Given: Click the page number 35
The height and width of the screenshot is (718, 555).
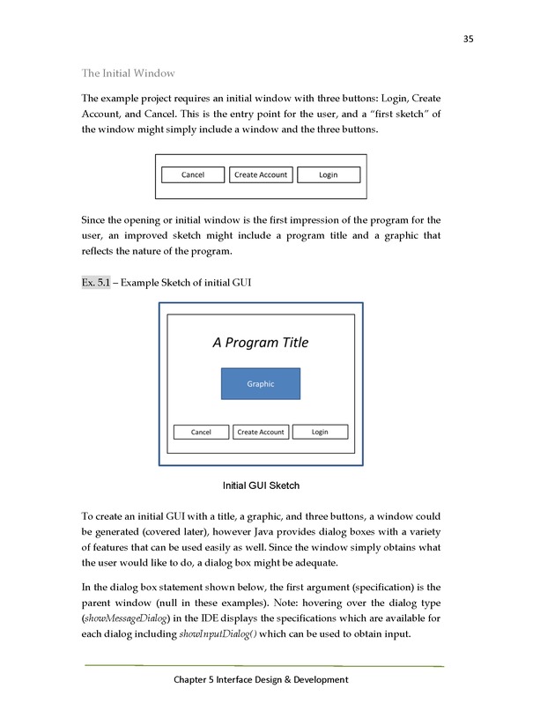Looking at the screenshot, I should pyautogui.click(x=469, y=39).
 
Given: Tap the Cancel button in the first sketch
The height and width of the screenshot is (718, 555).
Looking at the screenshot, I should pyautogui.click(x=193, y=174).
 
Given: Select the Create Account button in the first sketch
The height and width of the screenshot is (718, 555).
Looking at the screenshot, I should pyautogui.click(x=260, y=174).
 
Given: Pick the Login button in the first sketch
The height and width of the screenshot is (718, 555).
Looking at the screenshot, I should pyautogui.click(x=329, y=174).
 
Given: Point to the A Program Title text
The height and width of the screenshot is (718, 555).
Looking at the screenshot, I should pyautogui.click(x=261, y=343).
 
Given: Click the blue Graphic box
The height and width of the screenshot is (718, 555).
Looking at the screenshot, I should pyautogui.click(x=261, y=383).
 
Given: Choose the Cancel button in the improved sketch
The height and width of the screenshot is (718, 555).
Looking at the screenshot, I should pyautogui.click(x=201, y=432).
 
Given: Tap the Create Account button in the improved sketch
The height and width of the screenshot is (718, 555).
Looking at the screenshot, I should pyautogui.click(x=261, y=432).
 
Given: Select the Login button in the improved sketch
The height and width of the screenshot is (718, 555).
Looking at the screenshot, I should pyautogui.click(x=320, y=432).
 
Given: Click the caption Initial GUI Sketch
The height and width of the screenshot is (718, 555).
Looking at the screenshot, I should pyautogui.click(x=261, y=485).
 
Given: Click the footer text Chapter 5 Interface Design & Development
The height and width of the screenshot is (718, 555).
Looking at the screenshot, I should pyautogui.click(x=261, y=679).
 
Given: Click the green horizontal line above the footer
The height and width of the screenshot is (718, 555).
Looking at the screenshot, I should pyautogui.click(x=264, y=666).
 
